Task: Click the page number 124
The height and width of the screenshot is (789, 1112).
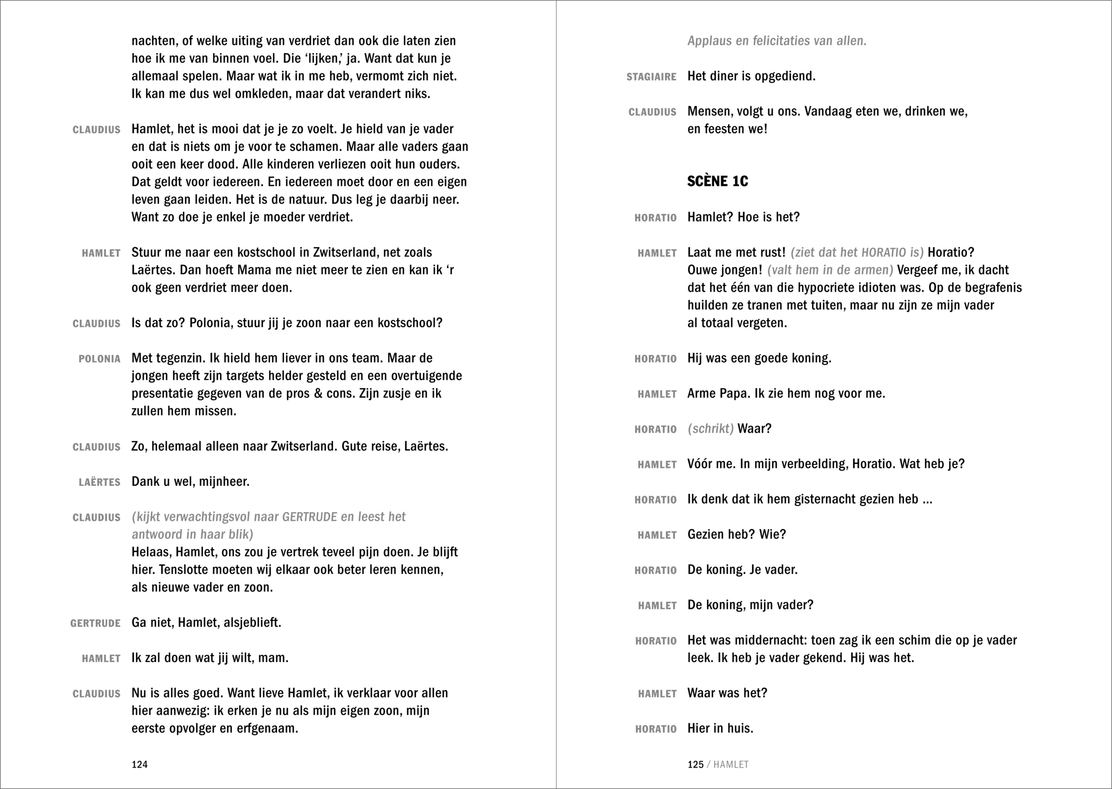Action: (139, 764)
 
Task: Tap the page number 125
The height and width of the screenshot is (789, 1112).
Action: (695, 764)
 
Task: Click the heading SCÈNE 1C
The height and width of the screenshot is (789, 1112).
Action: (717, 181)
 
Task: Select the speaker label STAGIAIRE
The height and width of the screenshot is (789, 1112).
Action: (651, 77)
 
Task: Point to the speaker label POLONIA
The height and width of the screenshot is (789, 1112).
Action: (99, 359)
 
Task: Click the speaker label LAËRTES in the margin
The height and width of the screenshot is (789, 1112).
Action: (99, 482)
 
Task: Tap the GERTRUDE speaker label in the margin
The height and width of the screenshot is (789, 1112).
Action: (95, 623)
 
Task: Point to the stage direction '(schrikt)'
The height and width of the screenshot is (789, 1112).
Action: (710, 428)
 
